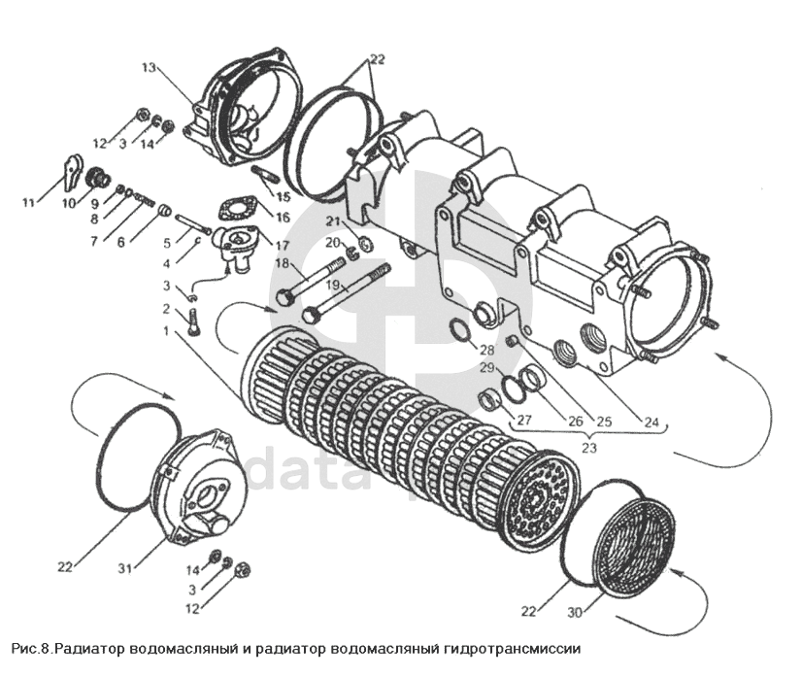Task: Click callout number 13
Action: (148, 68)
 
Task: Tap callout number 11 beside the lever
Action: (29, 202)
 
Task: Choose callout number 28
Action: (486, 349)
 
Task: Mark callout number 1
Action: (167, 330)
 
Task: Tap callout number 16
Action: (283, 218)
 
